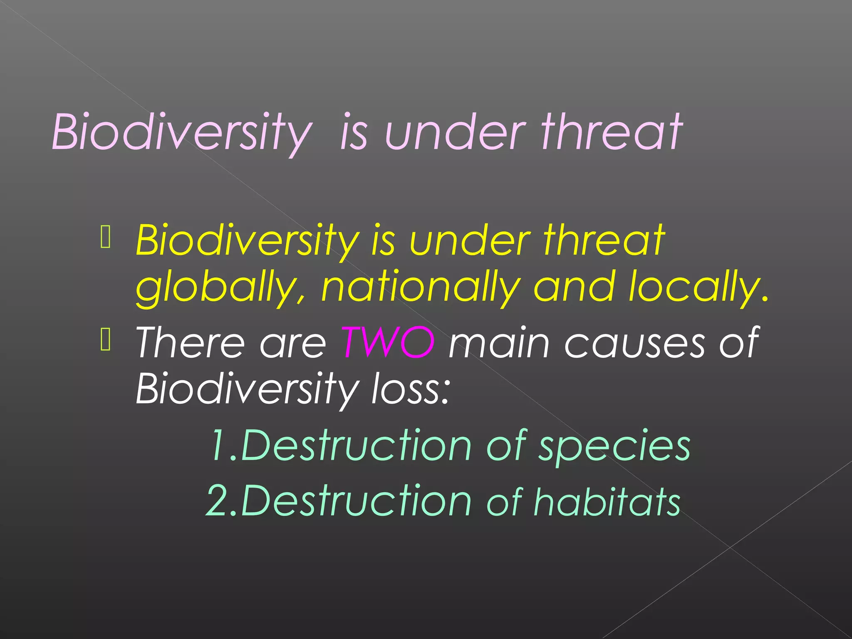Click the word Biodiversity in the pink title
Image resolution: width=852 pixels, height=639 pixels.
(x=181, y=132)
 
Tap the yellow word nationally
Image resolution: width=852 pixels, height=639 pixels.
(x=420, y=287)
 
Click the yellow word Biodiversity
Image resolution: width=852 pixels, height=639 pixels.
(x=247, y=240)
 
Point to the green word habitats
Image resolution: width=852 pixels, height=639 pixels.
(x=607, y=502)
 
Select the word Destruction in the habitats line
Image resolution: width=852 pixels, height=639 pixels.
(x=356, y=500)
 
